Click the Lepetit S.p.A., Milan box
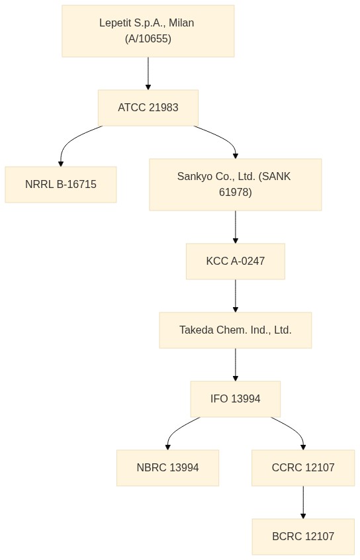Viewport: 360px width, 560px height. point(148,30)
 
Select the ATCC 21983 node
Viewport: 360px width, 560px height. point(148,107)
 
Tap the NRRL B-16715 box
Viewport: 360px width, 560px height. point(61,184)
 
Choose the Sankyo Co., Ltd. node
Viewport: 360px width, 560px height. point(236,184)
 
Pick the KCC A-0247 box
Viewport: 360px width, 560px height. point(236,261)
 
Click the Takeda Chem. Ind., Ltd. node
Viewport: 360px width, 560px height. point(236,330)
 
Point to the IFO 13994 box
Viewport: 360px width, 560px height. point(236,399)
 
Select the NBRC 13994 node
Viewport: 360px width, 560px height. point(167,468)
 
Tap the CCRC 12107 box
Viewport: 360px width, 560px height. point(303,468)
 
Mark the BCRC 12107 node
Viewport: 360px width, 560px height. point(303,536)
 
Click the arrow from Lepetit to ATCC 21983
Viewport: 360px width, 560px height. point(148,73)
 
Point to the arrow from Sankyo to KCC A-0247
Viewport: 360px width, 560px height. point(236,227)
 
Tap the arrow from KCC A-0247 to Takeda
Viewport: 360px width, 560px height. point(236,296)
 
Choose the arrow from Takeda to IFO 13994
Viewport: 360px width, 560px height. point(236,365)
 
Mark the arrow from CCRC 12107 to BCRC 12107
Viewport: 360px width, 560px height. point(303,502)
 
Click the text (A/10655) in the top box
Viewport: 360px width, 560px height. point(148,38)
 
